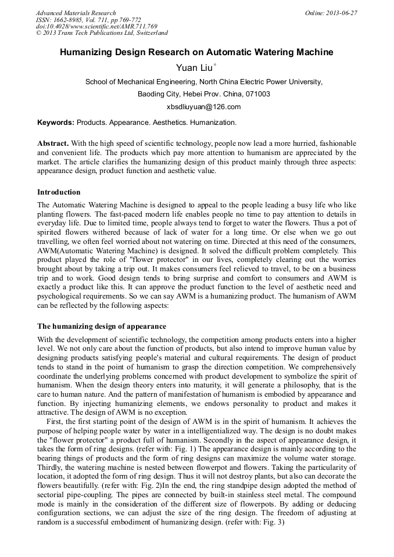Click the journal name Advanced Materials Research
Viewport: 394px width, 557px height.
(76, 13)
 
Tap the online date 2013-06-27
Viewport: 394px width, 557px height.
(342, 13)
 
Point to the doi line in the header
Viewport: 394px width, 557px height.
(96, 27)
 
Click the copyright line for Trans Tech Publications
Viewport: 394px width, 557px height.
(102, 33)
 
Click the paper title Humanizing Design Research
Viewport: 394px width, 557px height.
(196, 52)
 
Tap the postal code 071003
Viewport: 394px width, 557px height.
(256, 94)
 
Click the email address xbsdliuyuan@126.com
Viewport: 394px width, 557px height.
(203, 107)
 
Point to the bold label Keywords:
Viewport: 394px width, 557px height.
(56, 123)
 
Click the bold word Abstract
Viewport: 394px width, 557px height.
(53, 143)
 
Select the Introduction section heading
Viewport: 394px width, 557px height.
(59, 192)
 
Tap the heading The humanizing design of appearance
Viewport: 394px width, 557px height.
(102, 326)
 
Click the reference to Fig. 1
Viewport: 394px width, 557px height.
(197, 449)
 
